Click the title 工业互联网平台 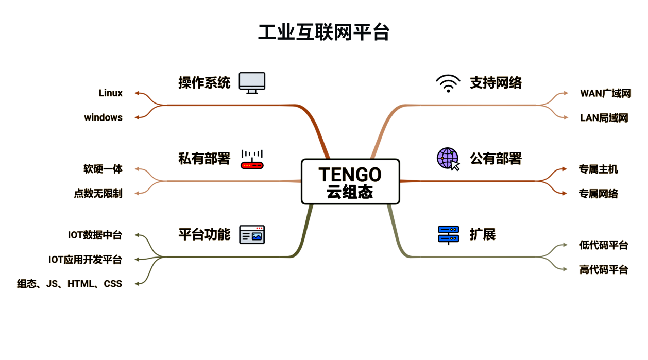point(323,32)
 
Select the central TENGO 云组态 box point(350,182)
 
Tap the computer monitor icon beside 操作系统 point(252,83)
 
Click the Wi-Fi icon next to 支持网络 point(448,83)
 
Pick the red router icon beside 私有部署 point(252,159)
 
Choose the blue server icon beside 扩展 point(448,235)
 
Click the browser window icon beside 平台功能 point(252,235)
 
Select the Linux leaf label point(111,93)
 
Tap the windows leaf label point(104,117)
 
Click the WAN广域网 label point(605,93)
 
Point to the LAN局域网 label point(604,118)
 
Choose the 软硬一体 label point(103,169)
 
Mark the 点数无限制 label point(98,194)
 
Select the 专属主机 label point(598,169)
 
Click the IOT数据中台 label point(95,235)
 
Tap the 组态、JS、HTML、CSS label point(70,283)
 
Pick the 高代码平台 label point(604,269)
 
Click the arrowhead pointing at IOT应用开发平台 point(137,259)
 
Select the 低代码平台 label point(604,245)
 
